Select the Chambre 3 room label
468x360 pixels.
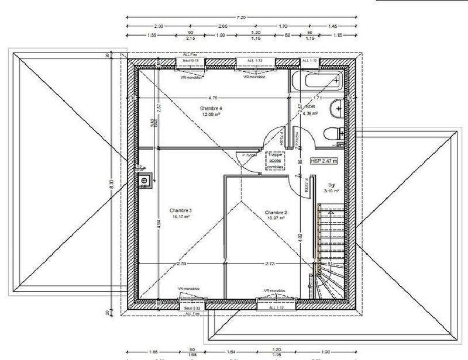pyautogui.click(x=181, y=210)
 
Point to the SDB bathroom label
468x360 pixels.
pyautogui.click(x=310, y=108)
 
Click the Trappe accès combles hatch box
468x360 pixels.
pyautogui.click(x=274, y=161)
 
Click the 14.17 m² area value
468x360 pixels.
pyautogui.click(x=181, y=216)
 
